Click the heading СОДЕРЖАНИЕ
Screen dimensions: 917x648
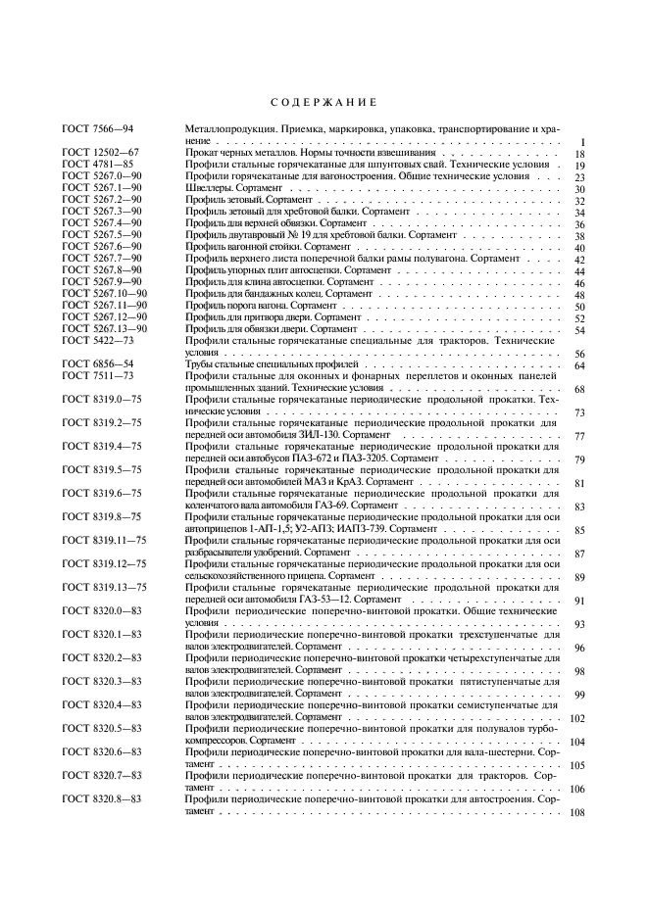323,103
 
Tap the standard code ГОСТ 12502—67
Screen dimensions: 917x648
102,154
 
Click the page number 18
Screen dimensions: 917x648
579,155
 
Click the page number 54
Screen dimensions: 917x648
579,330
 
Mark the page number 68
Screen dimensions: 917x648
579,390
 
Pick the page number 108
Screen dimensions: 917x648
577,812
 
